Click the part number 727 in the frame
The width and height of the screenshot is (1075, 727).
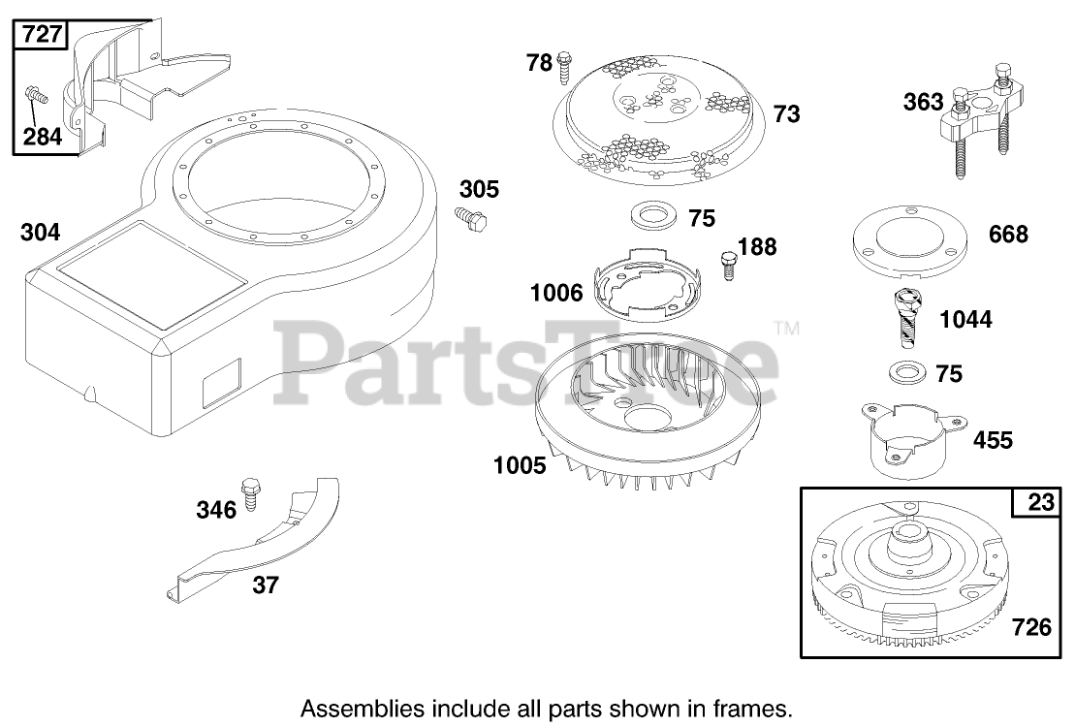41,36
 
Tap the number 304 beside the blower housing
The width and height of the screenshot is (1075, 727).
40,233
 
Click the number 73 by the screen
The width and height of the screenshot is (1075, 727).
787,113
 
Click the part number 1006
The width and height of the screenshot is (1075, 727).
556,292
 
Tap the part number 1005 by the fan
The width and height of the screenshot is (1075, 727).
520,465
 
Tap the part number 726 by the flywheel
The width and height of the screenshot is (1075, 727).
1030,627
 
